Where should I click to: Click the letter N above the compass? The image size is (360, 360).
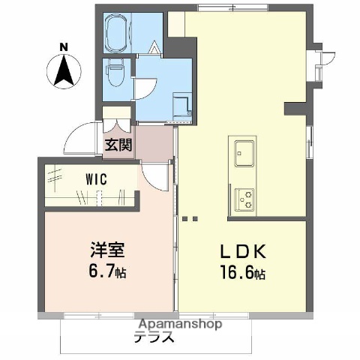click(x=64, y=47)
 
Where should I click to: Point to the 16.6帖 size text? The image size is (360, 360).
click(x=242, y=274)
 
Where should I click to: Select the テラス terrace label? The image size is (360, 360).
click(x=154, y=337)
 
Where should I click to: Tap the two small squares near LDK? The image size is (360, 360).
click(x=189, y=220)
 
